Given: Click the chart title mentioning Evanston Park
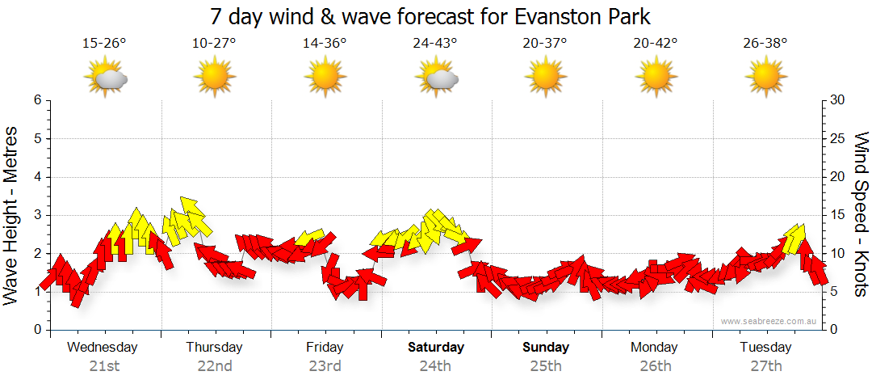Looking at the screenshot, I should pos(430,17).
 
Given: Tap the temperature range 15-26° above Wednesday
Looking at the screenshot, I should pos(104,44).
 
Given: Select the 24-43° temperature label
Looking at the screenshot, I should pos(435,44).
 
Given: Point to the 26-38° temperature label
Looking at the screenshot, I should pos(765,44).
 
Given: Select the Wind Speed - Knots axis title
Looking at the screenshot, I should pos(860,214).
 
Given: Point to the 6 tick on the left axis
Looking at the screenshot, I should pos(37,100).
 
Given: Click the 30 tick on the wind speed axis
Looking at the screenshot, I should pos(839,100).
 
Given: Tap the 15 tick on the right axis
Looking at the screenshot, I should pos(839,215).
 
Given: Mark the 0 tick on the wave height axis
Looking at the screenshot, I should pos(37,330).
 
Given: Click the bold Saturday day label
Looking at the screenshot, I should pos(435,348).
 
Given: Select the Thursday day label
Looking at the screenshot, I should pos(214,348).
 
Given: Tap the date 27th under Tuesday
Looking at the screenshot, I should pos(765,365).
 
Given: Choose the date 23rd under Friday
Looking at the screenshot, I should pos(325,365).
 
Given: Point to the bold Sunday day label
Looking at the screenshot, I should pos(546,348).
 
